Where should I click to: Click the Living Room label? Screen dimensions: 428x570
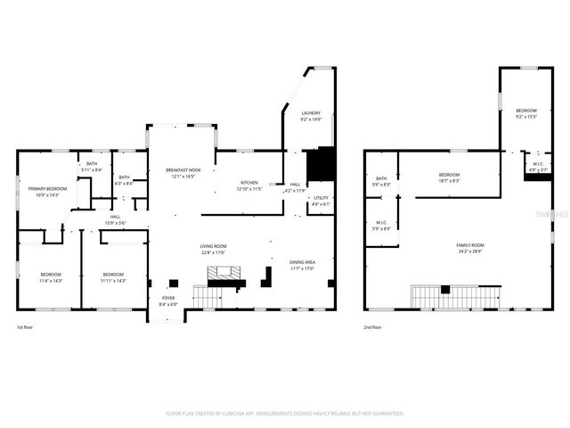213,249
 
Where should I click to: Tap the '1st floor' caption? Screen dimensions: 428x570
26,328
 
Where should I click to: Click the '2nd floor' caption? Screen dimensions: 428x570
374,328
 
